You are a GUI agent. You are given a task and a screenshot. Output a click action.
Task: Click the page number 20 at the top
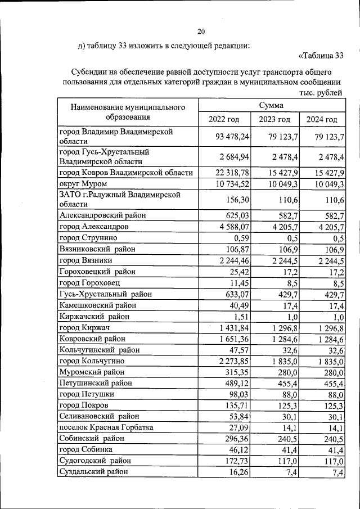[x=201, y=31]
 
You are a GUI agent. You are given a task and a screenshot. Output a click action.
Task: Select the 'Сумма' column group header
[x=271, y=105]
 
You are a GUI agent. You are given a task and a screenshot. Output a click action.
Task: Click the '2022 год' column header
[x=224, y=119]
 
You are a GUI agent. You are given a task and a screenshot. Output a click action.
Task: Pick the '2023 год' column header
[x=274, y=119]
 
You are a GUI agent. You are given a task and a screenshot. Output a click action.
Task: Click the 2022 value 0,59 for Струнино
[x=241, y=238]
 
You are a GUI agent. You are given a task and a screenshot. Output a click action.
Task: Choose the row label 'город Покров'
[x=84, y=405]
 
